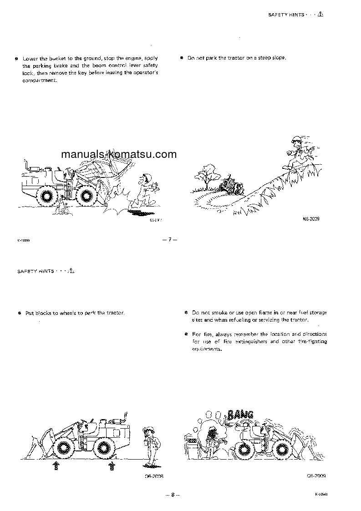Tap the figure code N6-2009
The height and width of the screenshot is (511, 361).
(x=311, y=219)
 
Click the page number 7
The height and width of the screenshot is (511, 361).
(x=169, y=240)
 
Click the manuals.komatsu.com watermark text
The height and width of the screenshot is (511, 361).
(x=118, y=154)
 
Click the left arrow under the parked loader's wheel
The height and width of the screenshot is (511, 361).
(x=56, y=465)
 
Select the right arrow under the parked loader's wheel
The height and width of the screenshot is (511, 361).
(x=111, y=465)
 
